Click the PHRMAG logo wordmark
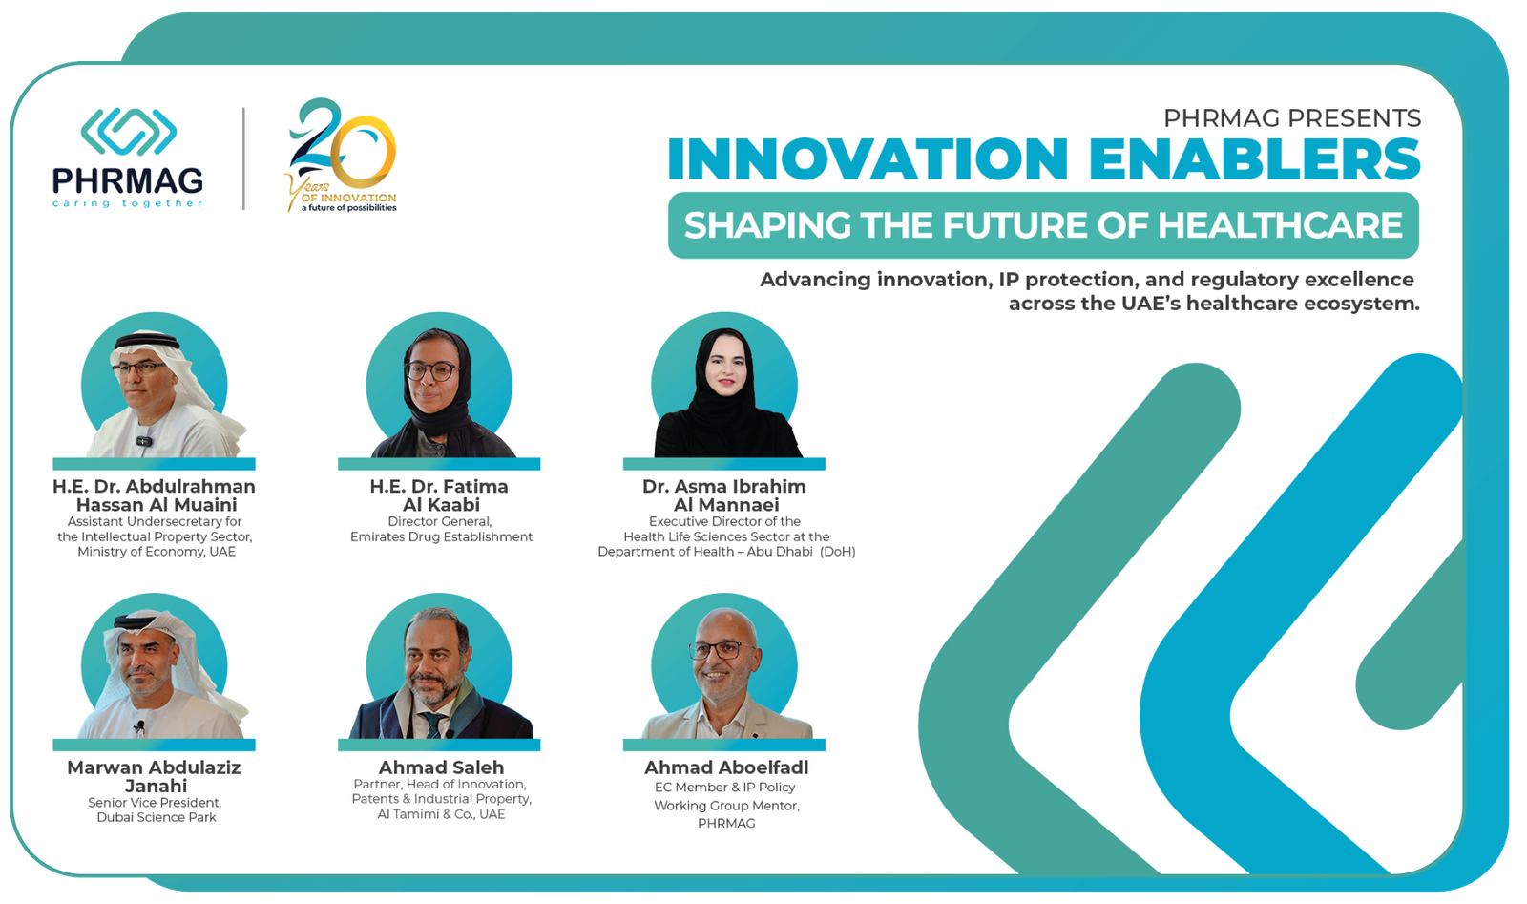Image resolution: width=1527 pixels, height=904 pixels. [x=128, y=180]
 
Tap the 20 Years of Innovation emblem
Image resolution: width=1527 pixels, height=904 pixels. [x=341, y=155]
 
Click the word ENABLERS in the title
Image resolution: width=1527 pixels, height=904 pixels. [x=1254, y=158]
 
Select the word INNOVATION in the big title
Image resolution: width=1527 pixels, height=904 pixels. [x=868, y=158]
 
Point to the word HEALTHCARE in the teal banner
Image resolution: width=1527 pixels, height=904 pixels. [x=1280, y=225]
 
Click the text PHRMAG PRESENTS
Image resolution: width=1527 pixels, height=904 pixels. [x=1292, y=118]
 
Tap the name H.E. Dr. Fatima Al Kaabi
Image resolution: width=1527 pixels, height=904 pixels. [x=440, y=495]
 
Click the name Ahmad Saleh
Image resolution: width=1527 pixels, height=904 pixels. [x=441, y=767]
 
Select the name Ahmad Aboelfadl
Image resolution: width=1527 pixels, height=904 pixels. [x=726, y=767]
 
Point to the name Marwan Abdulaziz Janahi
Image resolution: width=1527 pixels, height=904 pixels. [x=155, y=776]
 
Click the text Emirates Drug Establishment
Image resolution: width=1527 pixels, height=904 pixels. [x=441, y=537]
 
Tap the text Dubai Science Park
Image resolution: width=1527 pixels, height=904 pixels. [x=157, y=817]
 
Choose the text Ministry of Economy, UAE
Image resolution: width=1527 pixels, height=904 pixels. [x=157, y=552]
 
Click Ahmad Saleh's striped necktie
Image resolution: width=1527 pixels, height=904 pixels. [x=432, y=725]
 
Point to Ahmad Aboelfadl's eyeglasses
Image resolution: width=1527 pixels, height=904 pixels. [x=722, y=650]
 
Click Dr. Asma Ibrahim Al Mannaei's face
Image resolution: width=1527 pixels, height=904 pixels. [x=725, y=368]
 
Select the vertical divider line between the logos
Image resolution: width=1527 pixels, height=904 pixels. [x=243, y=158]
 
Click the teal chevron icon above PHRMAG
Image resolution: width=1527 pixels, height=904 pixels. [x=128, y=132]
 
